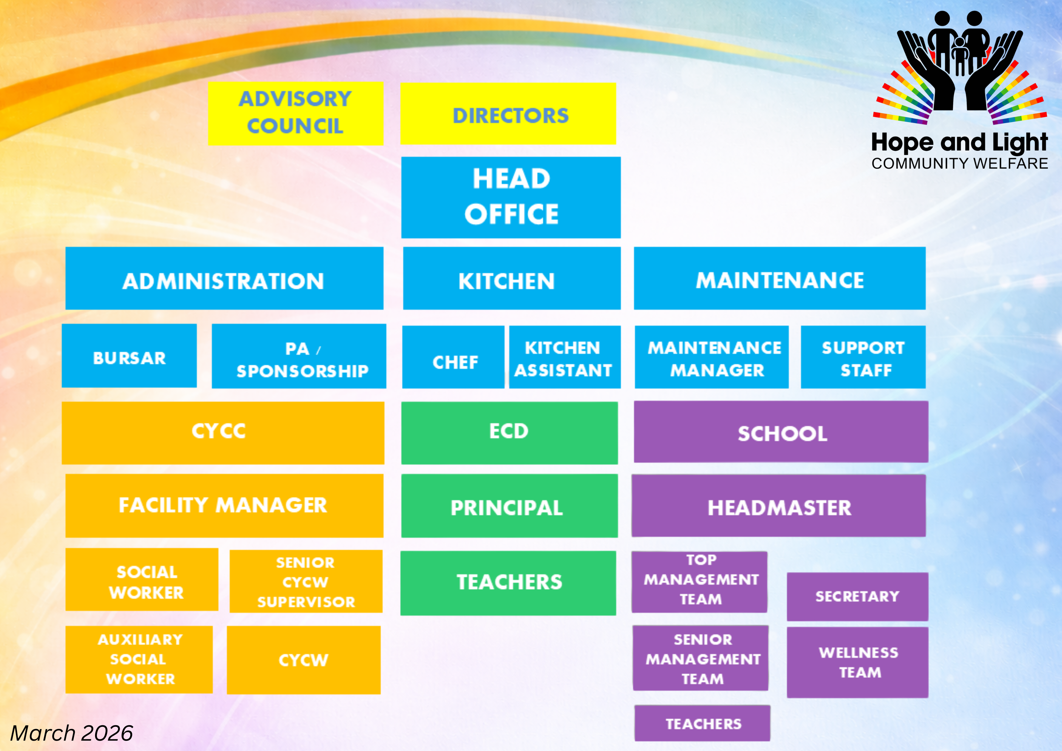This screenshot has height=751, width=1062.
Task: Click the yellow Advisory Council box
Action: click(x=296, y=113)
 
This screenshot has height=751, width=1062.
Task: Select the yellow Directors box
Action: click(x=508, y=113)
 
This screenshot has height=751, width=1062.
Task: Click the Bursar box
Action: click(x=129, y=355)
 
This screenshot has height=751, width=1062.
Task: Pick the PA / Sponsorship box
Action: click(x=299, y=356)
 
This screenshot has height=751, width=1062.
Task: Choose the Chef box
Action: click(x=453, y=357)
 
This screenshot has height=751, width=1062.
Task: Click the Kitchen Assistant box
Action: click(x=565, y=357)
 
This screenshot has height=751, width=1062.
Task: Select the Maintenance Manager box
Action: click(x=711, y=357)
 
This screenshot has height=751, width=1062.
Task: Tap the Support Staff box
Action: click(x=863, y=357)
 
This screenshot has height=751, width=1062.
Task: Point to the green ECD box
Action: click(x=509, y=433)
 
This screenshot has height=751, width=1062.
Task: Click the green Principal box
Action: click(x=509, y=506)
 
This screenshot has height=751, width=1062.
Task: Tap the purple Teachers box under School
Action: click(x=702, y=723)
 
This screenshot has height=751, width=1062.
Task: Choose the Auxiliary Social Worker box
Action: click(x=139, y=659)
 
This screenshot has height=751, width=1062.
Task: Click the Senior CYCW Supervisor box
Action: click(x=306, y=581)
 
